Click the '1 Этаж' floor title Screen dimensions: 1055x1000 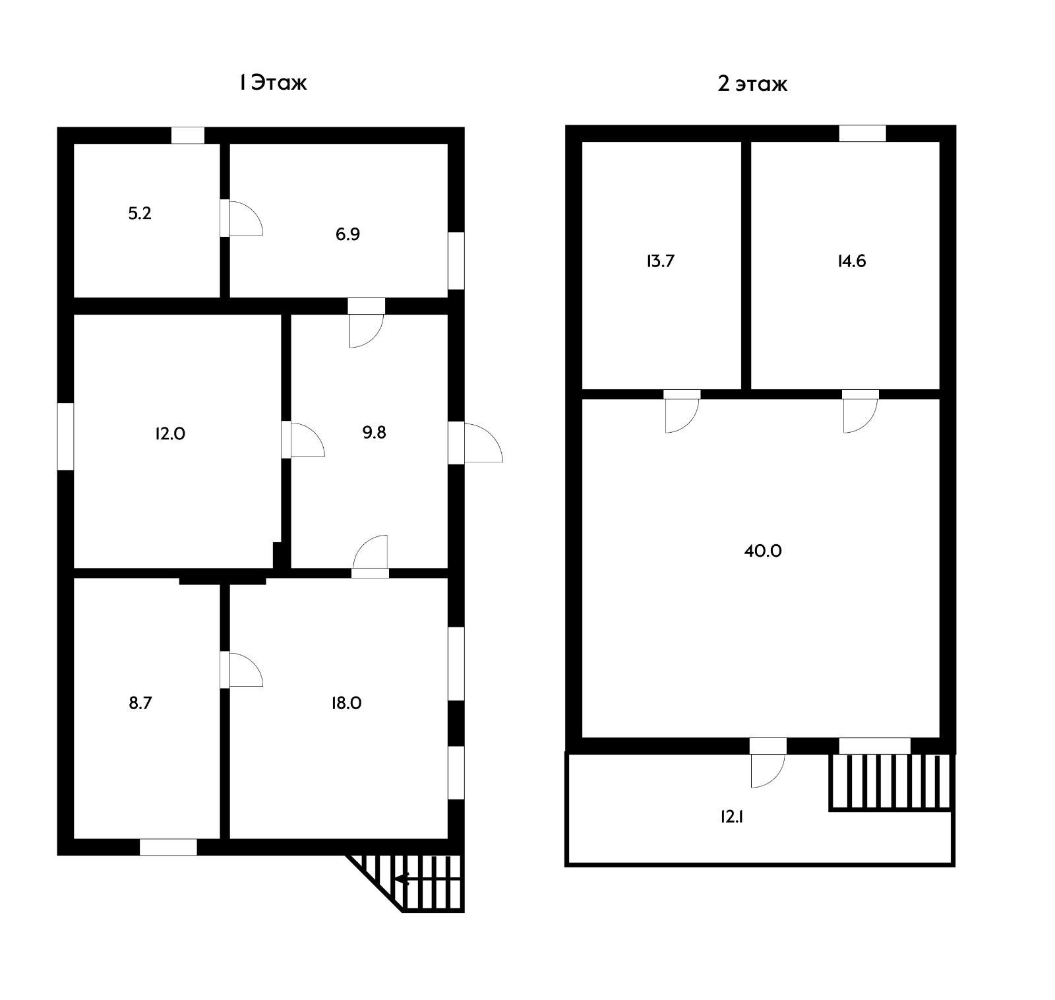click(x=273, y=83)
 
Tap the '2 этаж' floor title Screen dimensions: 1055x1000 click(x=752, y=84)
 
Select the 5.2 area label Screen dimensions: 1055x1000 click(x=140, y=214)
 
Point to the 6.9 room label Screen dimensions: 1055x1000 click(x=347, y=234)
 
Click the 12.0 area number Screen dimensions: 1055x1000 click(x=170, y=433)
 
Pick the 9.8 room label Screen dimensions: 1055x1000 click(x=374, y=432)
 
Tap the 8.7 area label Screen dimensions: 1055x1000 click(x=140, y=703)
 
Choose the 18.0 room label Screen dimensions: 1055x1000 click(x=346, y=703)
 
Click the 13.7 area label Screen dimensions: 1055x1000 click(x=660, y=261)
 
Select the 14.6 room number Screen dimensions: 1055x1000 click(x=851, y=261)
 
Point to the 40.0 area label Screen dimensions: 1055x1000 click(x=763, y=551)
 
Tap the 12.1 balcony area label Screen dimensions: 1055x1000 click(x=732, y=817)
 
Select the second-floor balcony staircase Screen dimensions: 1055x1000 click(x=891, y=782)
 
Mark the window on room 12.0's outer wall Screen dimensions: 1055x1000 click(x=65, y=436)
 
